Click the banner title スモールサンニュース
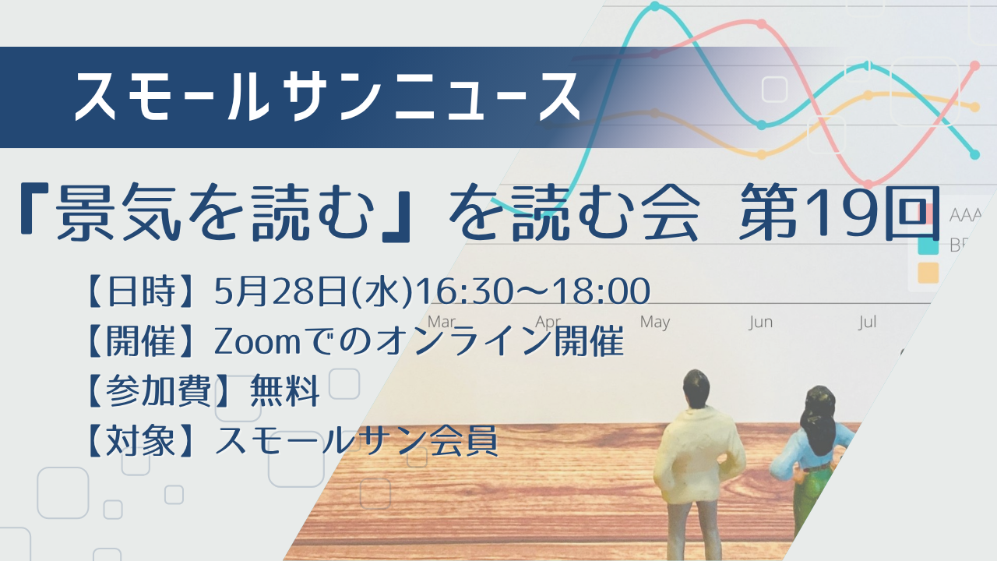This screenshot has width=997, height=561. pyautogui.click(x=327, y=97)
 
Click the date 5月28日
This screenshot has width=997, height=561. pyautogui.click(x=280, y=291)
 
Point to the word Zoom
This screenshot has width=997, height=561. pyautogui.click(x=257, y=342)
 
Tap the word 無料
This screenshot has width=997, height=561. pyautogui.click(x=285, y=391)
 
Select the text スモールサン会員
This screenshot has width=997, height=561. pyautogui.click(x=356, y=441)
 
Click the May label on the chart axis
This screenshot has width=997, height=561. pyautogui.click(x=655, y=322)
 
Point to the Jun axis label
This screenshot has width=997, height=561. pyautogui.click(x=761, y=322)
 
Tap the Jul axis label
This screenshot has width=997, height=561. pyautogui.click(x=868, y=322)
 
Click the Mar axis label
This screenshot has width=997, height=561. pyautogui.click(x=442, y=322)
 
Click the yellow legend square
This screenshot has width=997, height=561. pyautogui.click(x=928, y=273)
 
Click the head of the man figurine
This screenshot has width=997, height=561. pyautogui.click(x=696, y=388)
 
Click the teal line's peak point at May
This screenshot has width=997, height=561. pyautogui.click(x=655, y=6)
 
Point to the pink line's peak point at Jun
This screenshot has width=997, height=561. pyautogui.click(x=762, y=23)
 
